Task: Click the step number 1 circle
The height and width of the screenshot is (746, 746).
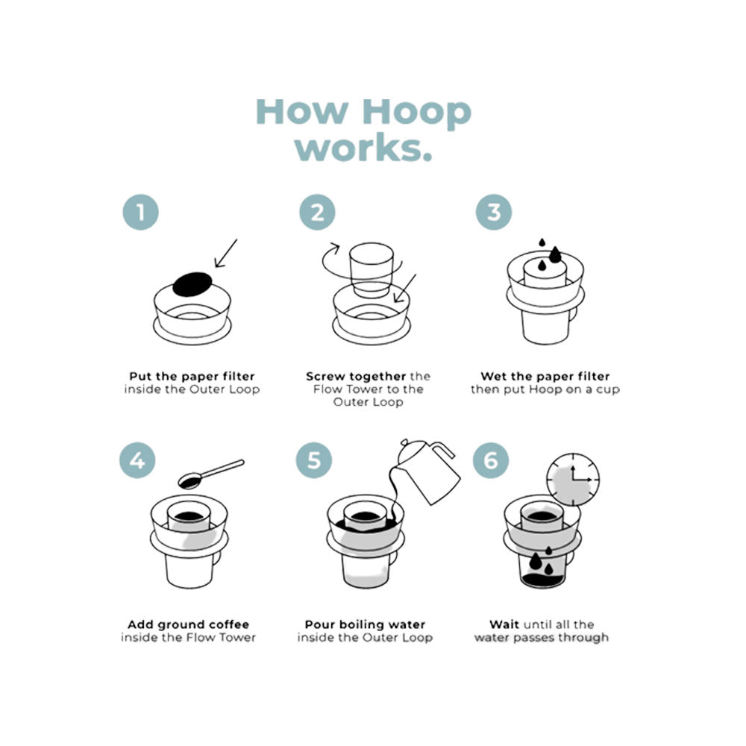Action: coord(141,212)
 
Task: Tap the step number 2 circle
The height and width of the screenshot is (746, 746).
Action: coord(317,212)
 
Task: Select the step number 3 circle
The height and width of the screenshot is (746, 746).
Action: coord(494,212)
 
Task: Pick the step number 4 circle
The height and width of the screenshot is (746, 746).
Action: coord(137,460)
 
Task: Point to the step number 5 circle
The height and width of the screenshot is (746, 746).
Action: coord(314,460)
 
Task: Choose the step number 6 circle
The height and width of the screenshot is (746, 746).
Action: coord(491,460)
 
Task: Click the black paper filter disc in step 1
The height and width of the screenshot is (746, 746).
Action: coord(192,284)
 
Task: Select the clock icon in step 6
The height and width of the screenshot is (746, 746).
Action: coord(572,480)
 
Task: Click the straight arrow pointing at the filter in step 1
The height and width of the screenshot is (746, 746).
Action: coord(225,253)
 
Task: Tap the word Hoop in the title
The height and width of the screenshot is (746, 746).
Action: coord(416,113)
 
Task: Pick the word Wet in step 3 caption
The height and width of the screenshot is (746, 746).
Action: coord(492,376)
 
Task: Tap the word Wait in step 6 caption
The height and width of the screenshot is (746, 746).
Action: coord(504,624)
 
